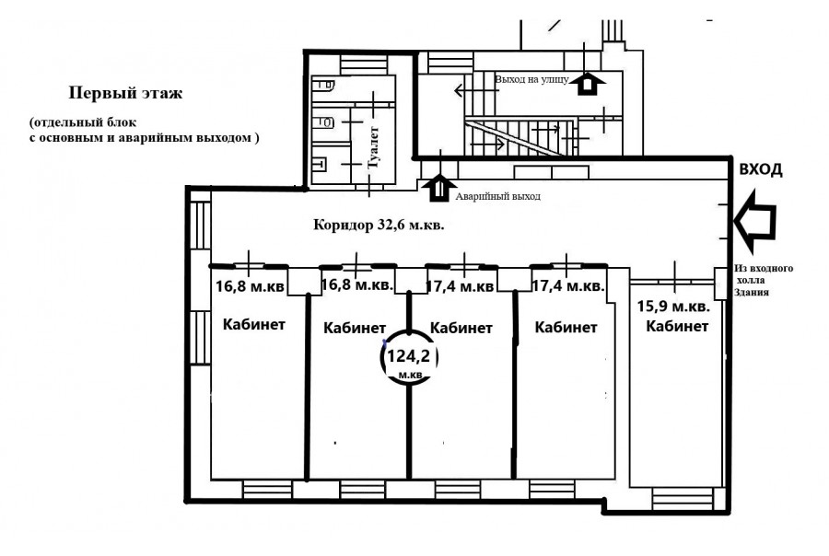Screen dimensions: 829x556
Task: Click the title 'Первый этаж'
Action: click(x=126, y=94)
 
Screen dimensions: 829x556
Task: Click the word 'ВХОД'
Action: click(x=760, y=170)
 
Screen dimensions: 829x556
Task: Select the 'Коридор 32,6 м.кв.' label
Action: click(x=379, y=226)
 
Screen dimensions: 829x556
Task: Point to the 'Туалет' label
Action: click(x=373, y=147)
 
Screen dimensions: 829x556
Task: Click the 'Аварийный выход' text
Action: click(x=498, y=197)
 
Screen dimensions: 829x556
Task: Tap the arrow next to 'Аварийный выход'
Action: click(x=438, y=188)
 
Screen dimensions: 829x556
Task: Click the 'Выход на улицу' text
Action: click(x=531, y=80)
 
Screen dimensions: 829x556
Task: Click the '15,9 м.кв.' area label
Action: click(x=673, y=306)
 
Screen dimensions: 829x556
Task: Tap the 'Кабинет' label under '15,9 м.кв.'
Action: click(x=677, y=326)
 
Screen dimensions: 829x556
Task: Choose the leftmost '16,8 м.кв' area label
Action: click(x=250, y=287)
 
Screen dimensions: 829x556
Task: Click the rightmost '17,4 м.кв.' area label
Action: click(x=567, y=286)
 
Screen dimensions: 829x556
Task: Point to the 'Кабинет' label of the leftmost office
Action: click(x=254, y=325)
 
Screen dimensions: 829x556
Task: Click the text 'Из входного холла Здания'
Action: click(x=763, y=280)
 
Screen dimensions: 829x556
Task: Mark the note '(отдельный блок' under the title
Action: click(x=83, y=122)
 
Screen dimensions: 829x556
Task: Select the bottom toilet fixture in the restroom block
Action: click(x=320, y=165)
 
